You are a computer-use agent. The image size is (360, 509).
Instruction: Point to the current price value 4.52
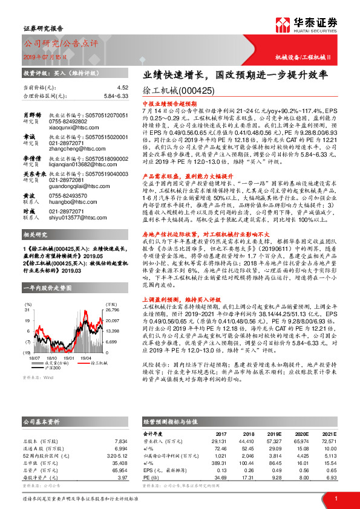pyautogui.click(x=123, y=88)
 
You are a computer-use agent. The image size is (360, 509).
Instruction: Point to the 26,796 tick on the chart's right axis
pyautogui.click(x=113, y=310)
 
